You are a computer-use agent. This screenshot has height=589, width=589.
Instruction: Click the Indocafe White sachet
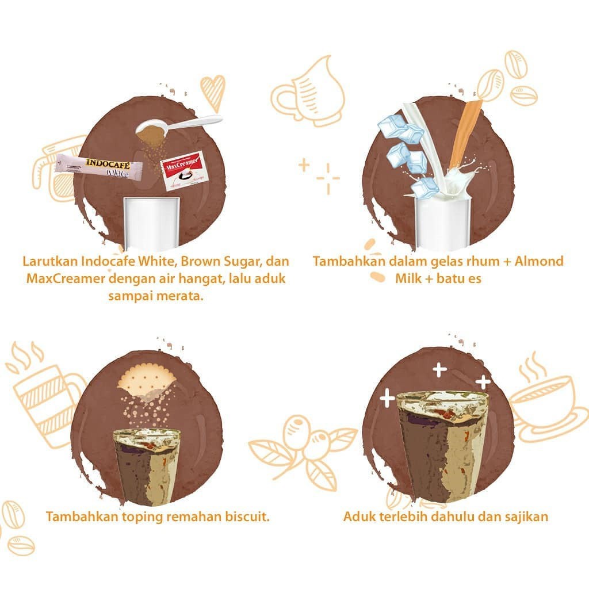click(x=100, y=167)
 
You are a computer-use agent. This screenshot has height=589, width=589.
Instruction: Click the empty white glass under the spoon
click(x=152, y=224)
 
